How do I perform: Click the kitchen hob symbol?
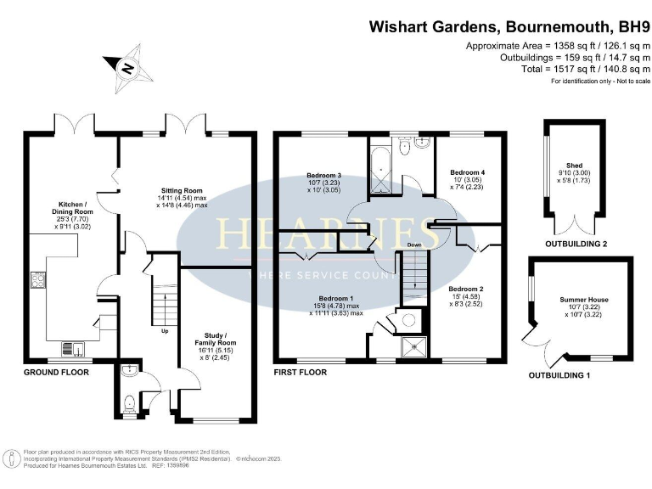pos(37,280)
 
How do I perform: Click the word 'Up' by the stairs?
pos(165,330)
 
